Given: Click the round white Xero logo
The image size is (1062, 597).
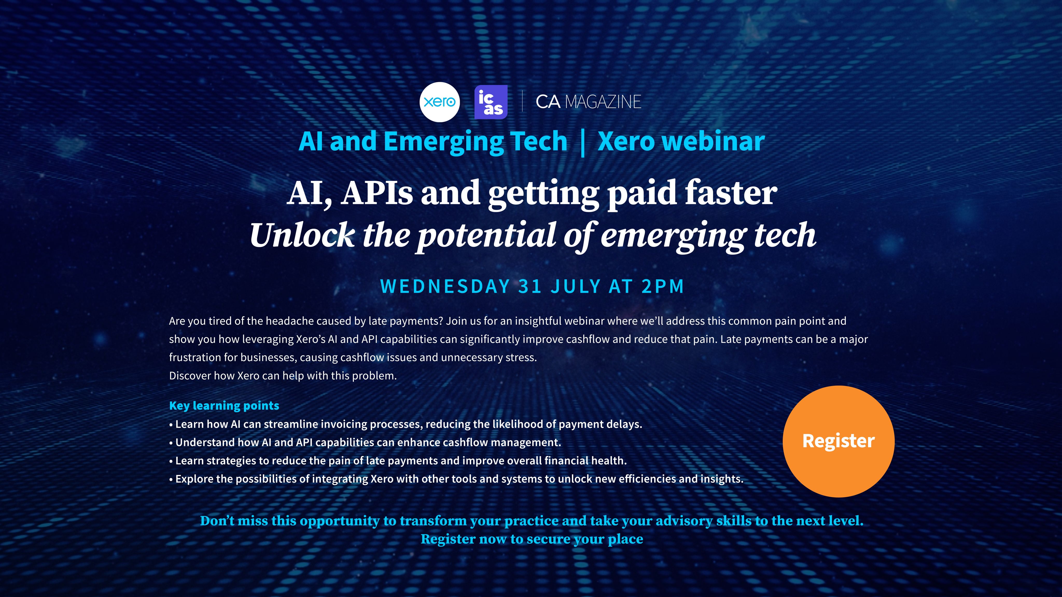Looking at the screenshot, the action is [x=439, y=102].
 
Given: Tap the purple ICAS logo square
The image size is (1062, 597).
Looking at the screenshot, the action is [x=491, y=102].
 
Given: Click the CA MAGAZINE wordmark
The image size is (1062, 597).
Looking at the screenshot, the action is [x=588, y=102].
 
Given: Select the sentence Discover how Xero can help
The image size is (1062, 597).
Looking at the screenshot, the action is [x=283, y=376].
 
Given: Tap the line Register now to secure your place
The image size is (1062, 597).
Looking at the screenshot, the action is [x=532, y=539].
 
